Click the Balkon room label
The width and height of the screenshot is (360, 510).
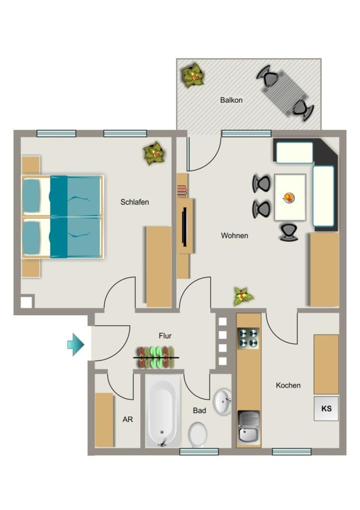(x=231, y=100)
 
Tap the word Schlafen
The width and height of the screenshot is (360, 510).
(x=134, y=202)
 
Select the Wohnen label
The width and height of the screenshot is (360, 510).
(x=235, y=236)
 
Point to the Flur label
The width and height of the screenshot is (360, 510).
(x=165, y=336)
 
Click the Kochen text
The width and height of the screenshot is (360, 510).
(x=288, y=385)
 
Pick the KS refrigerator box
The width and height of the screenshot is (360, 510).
(x=326, y=408)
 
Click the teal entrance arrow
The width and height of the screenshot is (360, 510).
(x=76, y=345)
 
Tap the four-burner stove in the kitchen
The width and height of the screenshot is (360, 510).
(x=248, y=338)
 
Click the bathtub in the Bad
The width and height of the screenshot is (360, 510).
(x=163, y=411)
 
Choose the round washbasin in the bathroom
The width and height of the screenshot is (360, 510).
(x=223, y=401)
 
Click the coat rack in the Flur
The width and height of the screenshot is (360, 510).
(x=156, y=358)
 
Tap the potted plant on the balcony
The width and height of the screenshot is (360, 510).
(x=193, y=76)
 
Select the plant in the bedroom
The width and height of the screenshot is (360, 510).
(x=154, y=153)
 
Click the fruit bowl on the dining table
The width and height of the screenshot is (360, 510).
(x=289, y=197)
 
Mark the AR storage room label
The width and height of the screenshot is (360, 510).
(x=128, y=419)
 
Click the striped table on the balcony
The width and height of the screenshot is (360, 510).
(x=285, y=93)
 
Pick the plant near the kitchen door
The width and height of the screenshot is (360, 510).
(x=243, y=296)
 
